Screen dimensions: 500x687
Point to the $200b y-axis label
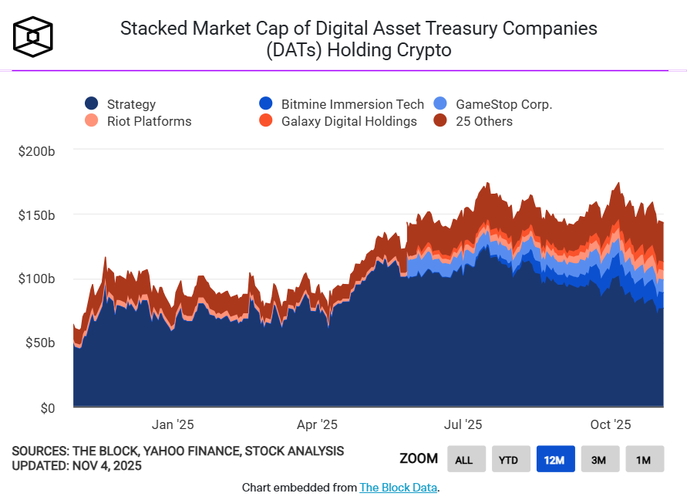[x=36, y=151]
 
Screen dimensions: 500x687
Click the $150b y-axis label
[x=36, y=215]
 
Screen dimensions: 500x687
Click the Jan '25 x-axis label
[x=173, y=424]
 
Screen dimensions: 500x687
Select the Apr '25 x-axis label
[x=316, y=424]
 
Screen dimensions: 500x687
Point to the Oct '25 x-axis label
[x=611, y=424]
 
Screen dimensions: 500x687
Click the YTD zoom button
[x=508, y=460]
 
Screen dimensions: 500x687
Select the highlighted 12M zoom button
[x=554, y=460]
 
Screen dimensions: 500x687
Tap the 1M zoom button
[x=644, y=460]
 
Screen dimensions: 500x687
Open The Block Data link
[x=398, y=488]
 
